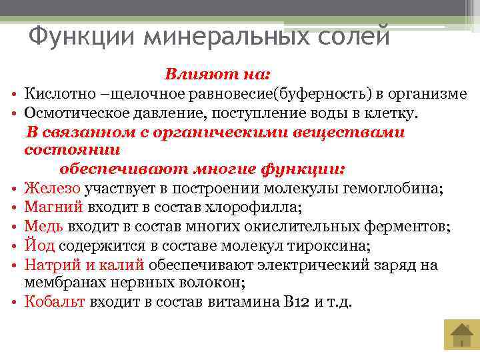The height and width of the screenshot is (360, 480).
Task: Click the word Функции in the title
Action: pyautogui.click(x=73, y=35)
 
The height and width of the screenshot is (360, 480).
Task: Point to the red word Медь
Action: pyautogui.click(x=43, y=227)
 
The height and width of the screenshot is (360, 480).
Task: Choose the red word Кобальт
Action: pyautogui.click(x=55, y=301)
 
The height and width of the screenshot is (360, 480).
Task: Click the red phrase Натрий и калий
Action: pyautogui.click(x=84, y=265)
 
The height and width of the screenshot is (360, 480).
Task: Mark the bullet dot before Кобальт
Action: pyautogui.click(x=14, y=303)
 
